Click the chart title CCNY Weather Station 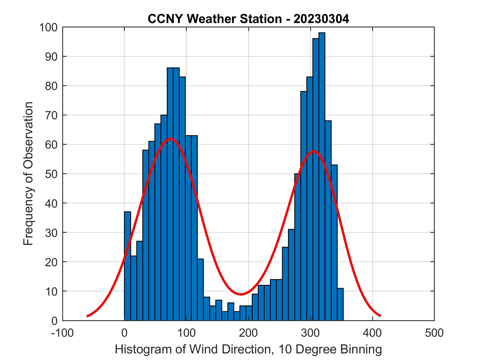coord(248,19)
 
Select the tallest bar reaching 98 coord(322,175)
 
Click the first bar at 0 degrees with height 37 coord(127,266)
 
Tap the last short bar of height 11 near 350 coord(340,304)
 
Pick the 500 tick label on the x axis coord(434,333)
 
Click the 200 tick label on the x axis coord(248,333)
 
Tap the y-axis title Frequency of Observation coord(28,174)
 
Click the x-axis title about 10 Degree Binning coord(248,349)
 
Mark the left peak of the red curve coord(170,139)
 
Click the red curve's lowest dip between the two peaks coord(241,294)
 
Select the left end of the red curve coord(87,316)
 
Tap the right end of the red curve coord(380,316)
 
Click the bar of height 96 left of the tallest coord(315,178)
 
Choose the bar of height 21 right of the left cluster coord(201,291)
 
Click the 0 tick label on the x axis coord(124,333)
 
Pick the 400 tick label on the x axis coord(372,333)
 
